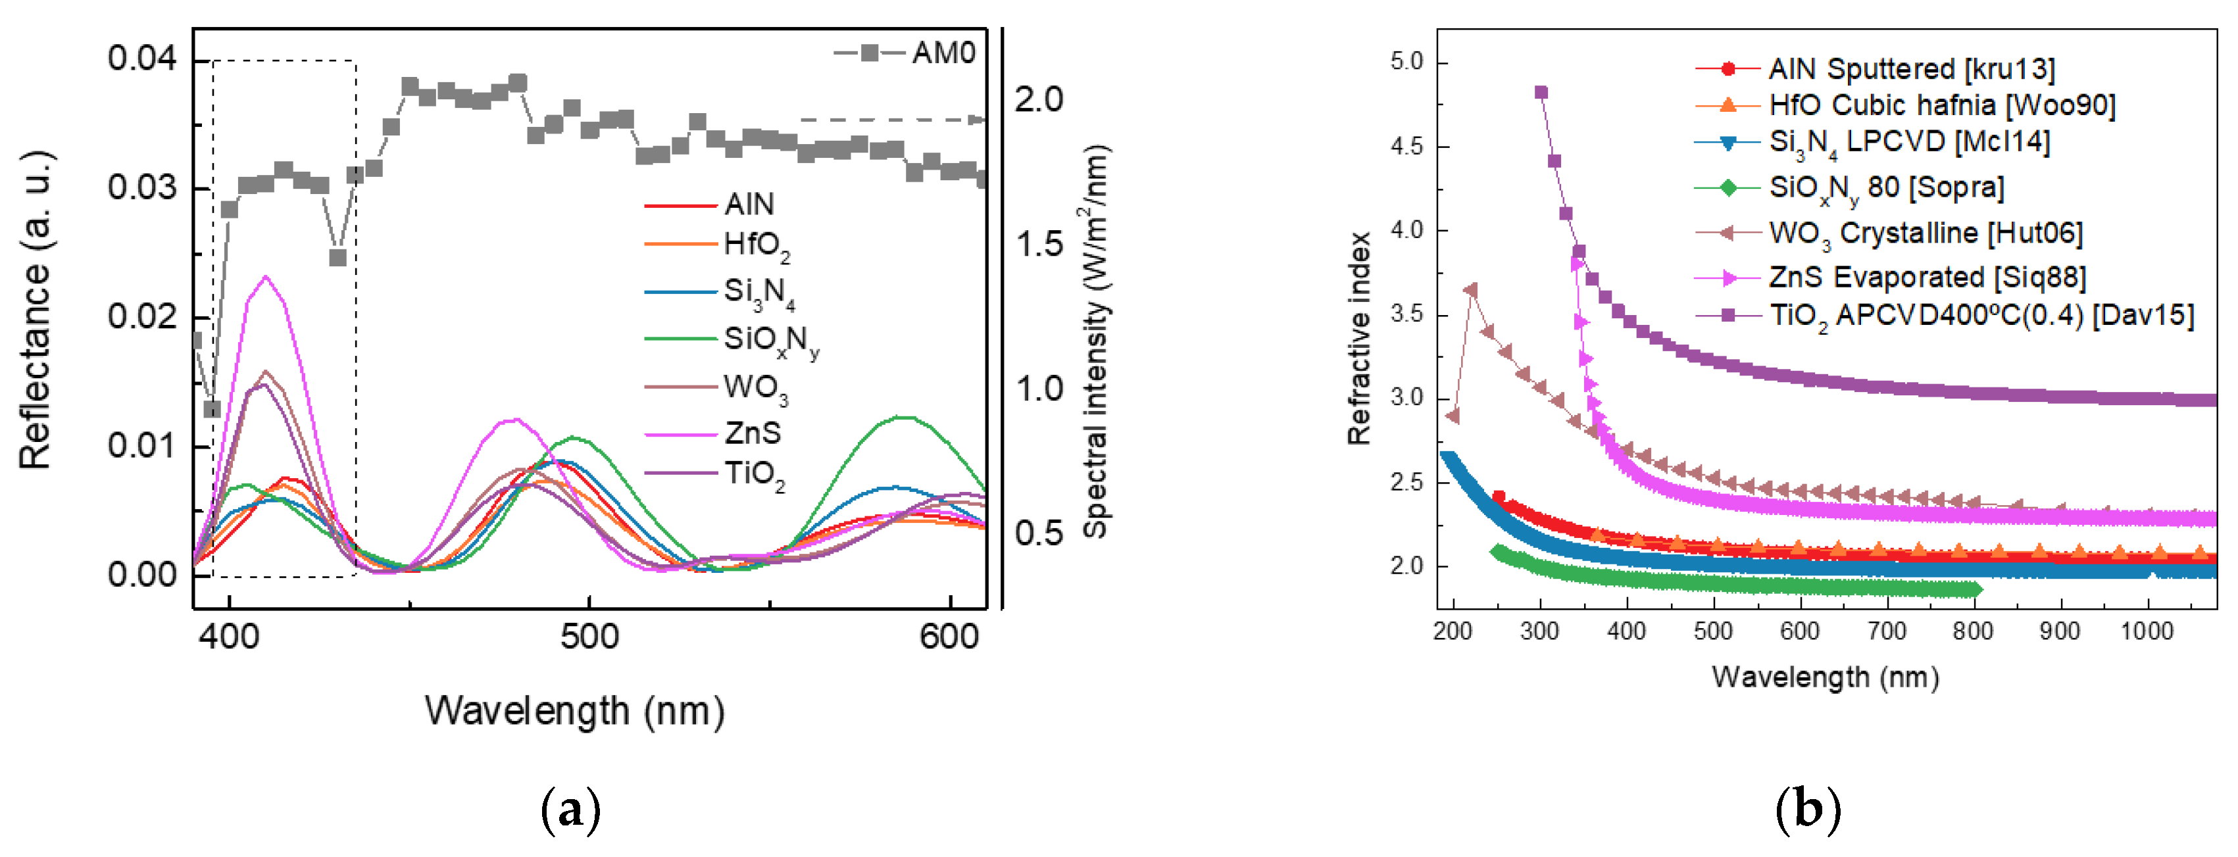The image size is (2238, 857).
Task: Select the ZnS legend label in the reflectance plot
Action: (x=753, y=431)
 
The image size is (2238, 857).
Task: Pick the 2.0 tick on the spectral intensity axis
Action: (x=1038, y=100)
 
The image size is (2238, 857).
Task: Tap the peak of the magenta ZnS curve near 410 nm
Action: (x=266, y=277)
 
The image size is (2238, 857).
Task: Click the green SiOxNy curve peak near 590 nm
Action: (x=905, y=418)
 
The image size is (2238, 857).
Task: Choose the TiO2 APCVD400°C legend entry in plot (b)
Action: (x=1981, y=315)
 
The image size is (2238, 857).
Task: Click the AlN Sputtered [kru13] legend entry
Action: (x=1911, y=68)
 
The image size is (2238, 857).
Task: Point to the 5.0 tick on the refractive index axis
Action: (x=1406, y=62)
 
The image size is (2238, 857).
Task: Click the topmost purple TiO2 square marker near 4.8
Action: (x=1541, y=93)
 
